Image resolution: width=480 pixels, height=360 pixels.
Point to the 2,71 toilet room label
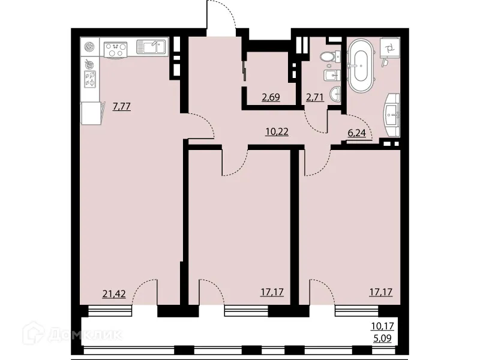click(x=316, y=97)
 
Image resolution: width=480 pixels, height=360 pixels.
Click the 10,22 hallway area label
click(x=277, y=131)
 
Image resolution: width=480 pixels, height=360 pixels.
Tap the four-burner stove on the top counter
click(x=115, y=48)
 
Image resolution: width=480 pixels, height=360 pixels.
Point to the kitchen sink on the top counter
click(x=152, y=47)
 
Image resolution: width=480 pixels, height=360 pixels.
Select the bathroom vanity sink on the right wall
click(x=393, y=112)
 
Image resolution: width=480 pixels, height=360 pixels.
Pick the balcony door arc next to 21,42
click(x=146, y=292)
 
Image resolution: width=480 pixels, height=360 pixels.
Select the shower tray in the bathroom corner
click(x=388, y=49)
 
